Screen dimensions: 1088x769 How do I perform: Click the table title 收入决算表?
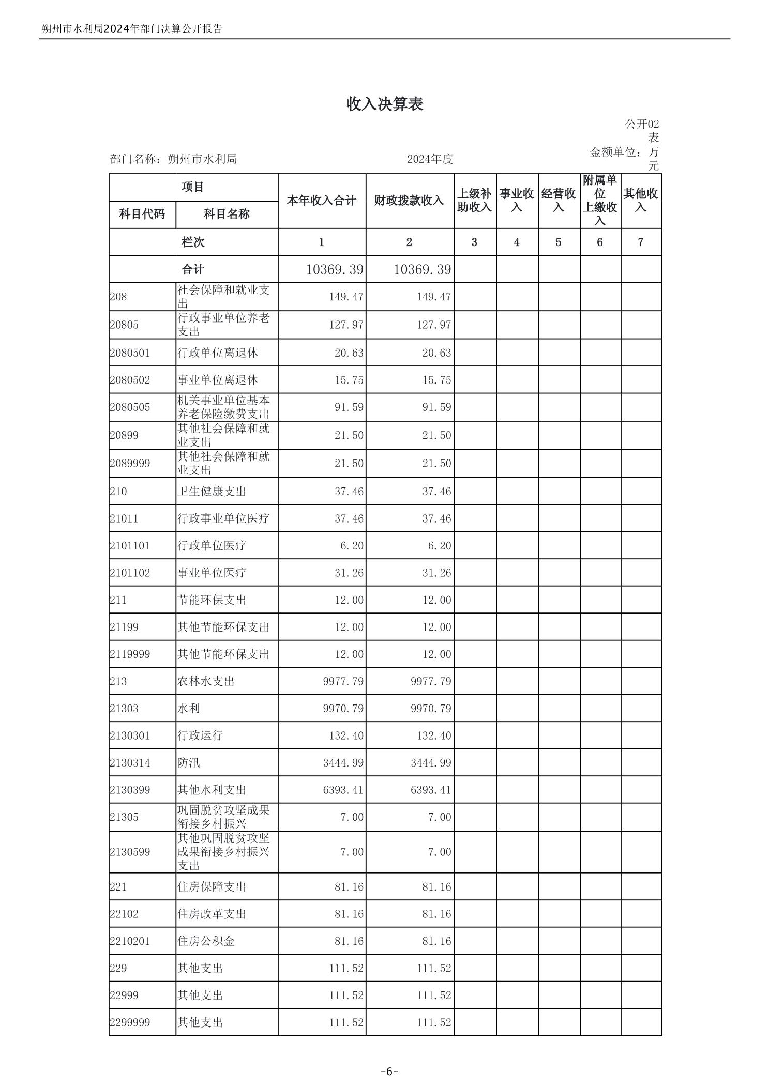(x=384, y=104)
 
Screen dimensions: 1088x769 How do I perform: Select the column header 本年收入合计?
(x=322, y=201)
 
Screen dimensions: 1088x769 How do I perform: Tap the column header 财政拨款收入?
(x=409, y=201)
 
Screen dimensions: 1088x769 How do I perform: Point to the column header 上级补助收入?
(x=474, y=201)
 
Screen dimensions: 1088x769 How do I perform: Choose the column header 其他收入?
(x=640, y=200)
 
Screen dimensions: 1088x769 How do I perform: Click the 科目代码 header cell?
(x=142, y=214)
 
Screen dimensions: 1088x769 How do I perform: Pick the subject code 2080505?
(x=130, y=407)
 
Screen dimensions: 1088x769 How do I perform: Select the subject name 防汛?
(x=189, y=763)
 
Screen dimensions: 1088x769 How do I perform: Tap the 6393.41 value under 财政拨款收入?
(x=431, y=790)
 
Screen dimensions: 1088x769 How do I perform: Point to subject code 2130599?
(x=130, y=852)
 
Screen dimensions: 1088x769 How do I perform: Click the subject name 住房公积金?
(x=206, y=941)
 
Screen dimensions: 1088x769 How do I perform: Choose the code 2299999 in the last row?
(x=130, y=1022)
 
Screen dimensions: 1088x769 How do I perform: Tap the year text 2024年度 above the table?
(x=430, y=159)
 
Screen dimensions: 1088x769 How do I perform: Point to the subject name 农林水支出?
(x=206, y=681)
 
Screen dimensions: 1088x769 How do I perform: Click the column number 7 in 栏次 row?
(x=640, y=242)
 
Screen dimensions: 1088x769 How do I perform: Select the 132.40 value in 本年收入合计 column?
(x=346, y=735)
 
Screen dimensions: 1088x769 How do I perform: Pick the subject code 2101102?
(x=130, y=573)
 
